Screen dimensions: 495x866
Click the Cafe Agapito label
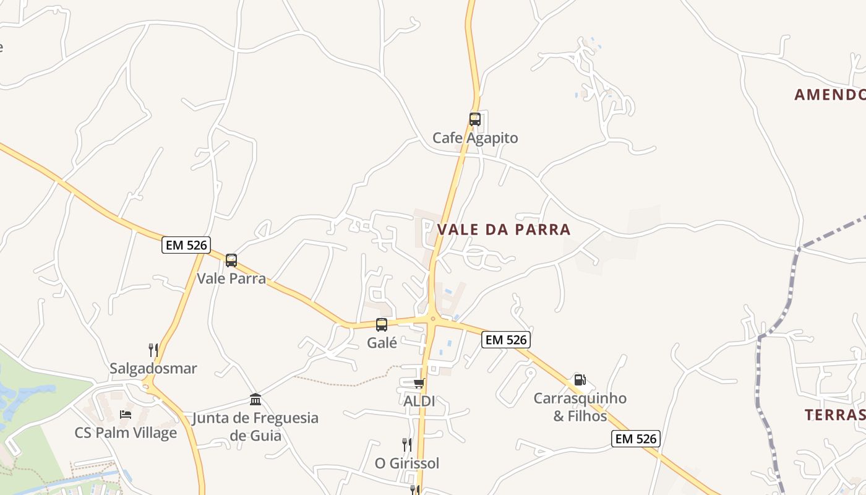click(475, 138)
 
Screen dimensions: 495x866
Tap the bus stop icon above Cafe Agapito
click(475, 119)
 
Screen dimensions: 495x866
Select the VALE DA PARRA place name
click(504, 230)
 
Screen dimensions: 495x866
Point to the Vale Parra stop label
click(231, 278)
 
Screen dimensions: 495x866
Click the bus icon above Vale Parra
click(231, 260)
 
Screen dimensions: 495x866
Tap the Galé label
click(382, 342)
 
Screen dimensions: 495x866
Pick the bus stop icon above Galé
click(382, 325)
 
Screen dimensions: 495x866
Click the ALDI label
click(419, 401)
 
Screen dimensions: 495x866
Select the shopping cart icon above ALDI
click(419, 384)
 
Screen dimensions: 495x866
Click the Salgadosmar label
click(153, 368)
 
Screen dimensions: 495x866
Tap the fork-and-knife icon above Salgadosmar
click(153, 350)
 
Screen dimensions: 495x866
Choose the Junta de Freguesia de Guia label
click(255, 426)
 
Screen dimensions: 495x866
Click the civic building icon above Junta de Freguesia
click(255, 399)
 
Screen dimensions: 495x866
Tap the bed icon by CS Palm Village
click(126, 414)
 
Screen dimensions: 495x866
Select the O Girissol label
click(407, 463)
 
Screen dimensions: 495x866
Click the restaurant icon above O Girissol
click(406, 444)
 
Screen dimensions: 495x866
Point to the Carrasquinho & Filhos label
click(580, 407)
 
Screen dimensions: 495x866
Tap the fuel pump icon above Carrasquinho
click(580, 380)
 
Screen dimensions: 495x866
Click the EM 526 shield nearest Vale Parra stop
click(186, 245)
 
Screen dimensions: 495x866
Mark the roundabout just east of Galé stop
click(432, 319)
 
